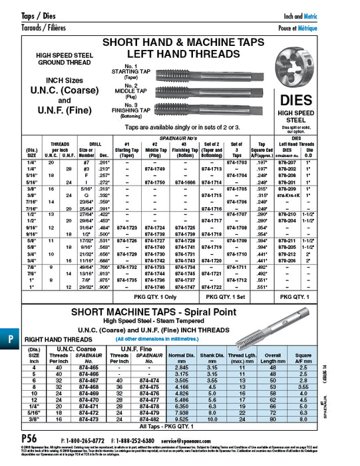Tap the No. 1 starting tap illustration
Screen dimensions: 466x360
[x=200, y=71]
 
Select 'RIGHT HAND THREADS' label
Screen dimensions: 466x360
[x=55, y=339]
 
